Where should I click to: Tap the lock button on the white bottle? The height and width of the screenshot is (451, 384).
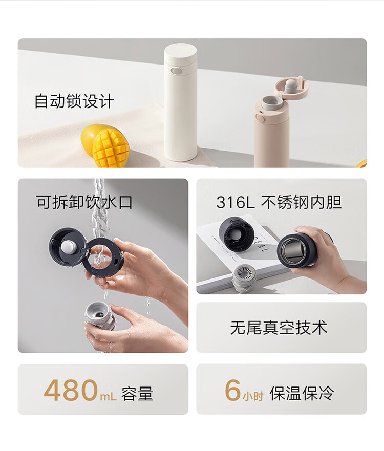[x=175, y=70]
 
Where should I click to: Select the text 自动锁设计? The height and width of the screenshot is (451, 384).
[x=74, y=101]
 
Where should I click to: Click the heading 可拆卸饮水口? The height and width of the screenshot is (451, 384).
[x=84, y=202]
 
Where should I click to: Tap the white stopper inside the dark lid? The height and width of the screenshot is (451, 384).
[x=69, y=247]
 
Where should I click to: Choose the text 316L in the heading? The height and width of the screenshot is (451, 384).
[x=235, y=202]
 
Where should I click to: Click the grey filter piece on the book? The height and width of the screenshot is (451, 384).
[x=245, y=276]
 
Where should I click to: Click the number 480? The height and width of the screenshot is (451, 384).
[x=71, y=390]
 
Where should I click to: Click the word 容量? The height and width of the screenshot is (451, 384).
[x=137, y=394]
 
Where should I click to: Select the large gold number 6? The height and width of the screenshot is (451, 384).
[x=232, y=390]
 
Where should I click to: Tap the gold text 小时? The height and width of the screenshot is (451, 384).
[x=253, y=396]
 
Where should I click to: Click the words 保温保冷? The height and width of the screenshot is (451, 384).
[x=302, y=393]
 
